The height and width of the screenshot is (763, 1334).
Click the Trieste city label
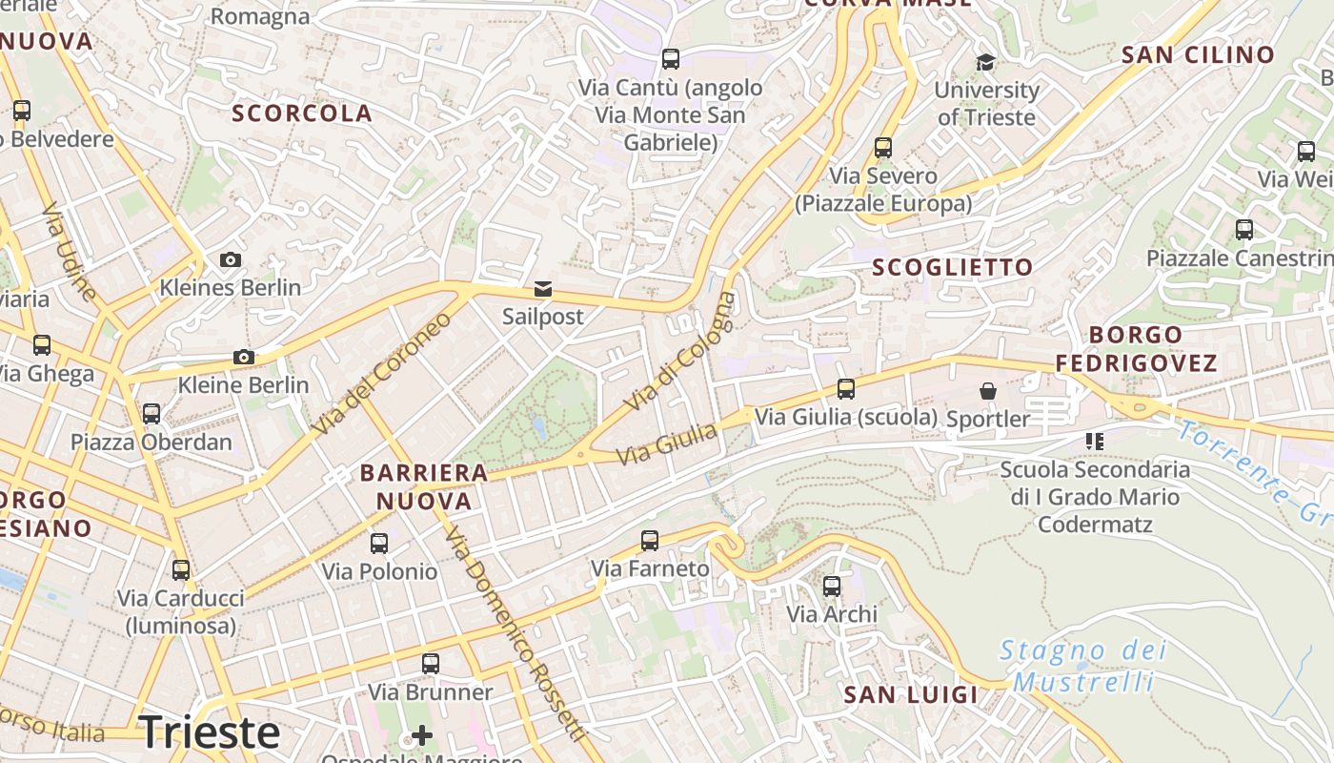(x=210, y=732)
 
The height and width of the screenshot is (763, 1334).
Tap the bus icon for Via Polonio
(x=379, y=544)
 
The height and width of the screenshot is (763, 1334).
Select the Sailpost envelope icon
(x=542, y=289)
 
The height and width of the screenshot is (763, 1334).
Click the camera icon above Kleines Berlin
(x=230, y=259)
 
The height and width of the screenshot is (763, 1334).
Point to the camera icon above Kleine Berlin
(x=244, y=358)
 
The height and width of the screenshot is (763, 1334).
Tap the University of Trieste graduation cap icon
(x=985, y=63)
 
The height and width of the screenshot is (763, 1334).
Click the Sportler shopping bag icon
(x=988, y=391)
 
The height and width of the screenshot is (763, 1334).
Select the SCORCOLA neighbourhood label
(x=302, y=113)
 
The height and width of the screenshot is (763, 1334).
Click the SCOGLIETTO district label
(x=952, y=268)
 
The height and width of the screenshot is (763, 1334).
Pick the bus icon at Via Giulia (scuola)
(x=846, y=389)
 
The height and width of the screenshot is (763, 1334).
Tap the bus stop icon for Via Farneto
(x=650, y=541)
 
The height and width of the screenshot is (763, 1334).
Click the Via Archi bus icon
(x=832, y=586)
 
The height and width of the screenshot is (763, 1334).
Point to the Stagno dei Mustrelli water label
(x=1083, y=666)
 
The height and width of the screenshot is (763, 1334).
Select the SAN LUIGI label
(x=911, y=695)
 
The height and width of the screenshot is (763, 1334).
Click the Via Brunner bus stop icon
(x=431, y=664)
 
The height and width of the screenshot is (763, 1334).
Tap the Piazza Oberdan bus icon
(x=152, y=414)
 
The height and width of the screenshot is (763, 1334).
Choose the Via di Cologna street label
(x=680, y=353)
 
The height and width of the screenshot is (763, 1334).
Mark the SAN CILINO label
(x=1198, y=55)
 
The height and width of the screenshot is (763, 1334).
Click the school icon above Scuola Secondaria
(x=1094, y=441)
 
